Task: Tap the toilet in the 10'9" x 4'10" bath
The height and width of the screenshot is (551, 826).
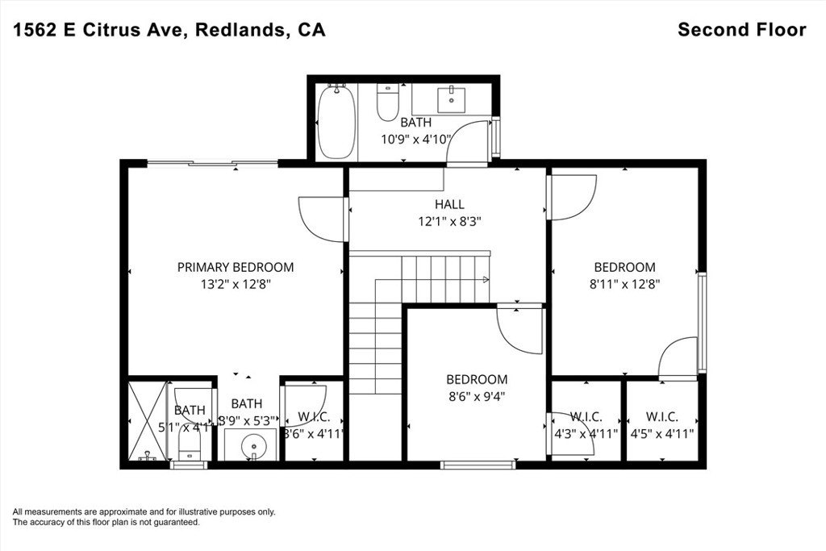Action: pyautogui.click(x=389, y=102)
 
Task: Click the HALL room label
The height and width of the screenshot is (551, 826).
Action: pyautogui.click(x=449, y=205)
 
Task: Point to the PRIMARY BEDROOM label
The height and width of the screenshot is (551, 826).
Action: pyautogui.click(x=236, y=267)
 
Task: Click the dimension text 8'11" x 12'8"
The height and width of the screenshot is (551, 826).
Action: pyautogui.click(x=625, y=283)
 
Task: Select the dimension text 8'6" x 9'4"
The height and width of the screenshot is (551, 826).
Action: pyautogui.click(x=477, y=395)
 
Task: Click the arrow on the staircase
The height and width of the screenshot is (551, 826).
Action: pyautogui.click(x=485, y=279)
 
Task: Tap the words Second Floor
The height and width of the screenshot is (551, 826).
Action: pyautogui.click(x=741, y=30)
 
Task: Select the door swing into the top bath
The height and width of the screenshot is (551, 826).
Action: pyautogui.click(x=469, y=140)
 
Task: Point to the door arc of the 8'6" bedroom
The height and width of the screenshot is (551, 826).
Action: pyautogui.click(x=516, y=327)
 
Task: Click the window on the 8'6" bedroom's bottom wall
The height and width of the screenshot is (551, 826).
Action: pyautogui.click(x=478, y=464)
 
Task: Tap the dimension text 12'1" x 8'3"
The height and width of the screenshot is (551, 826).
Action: pyautogui.click(x=448, y=220)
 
